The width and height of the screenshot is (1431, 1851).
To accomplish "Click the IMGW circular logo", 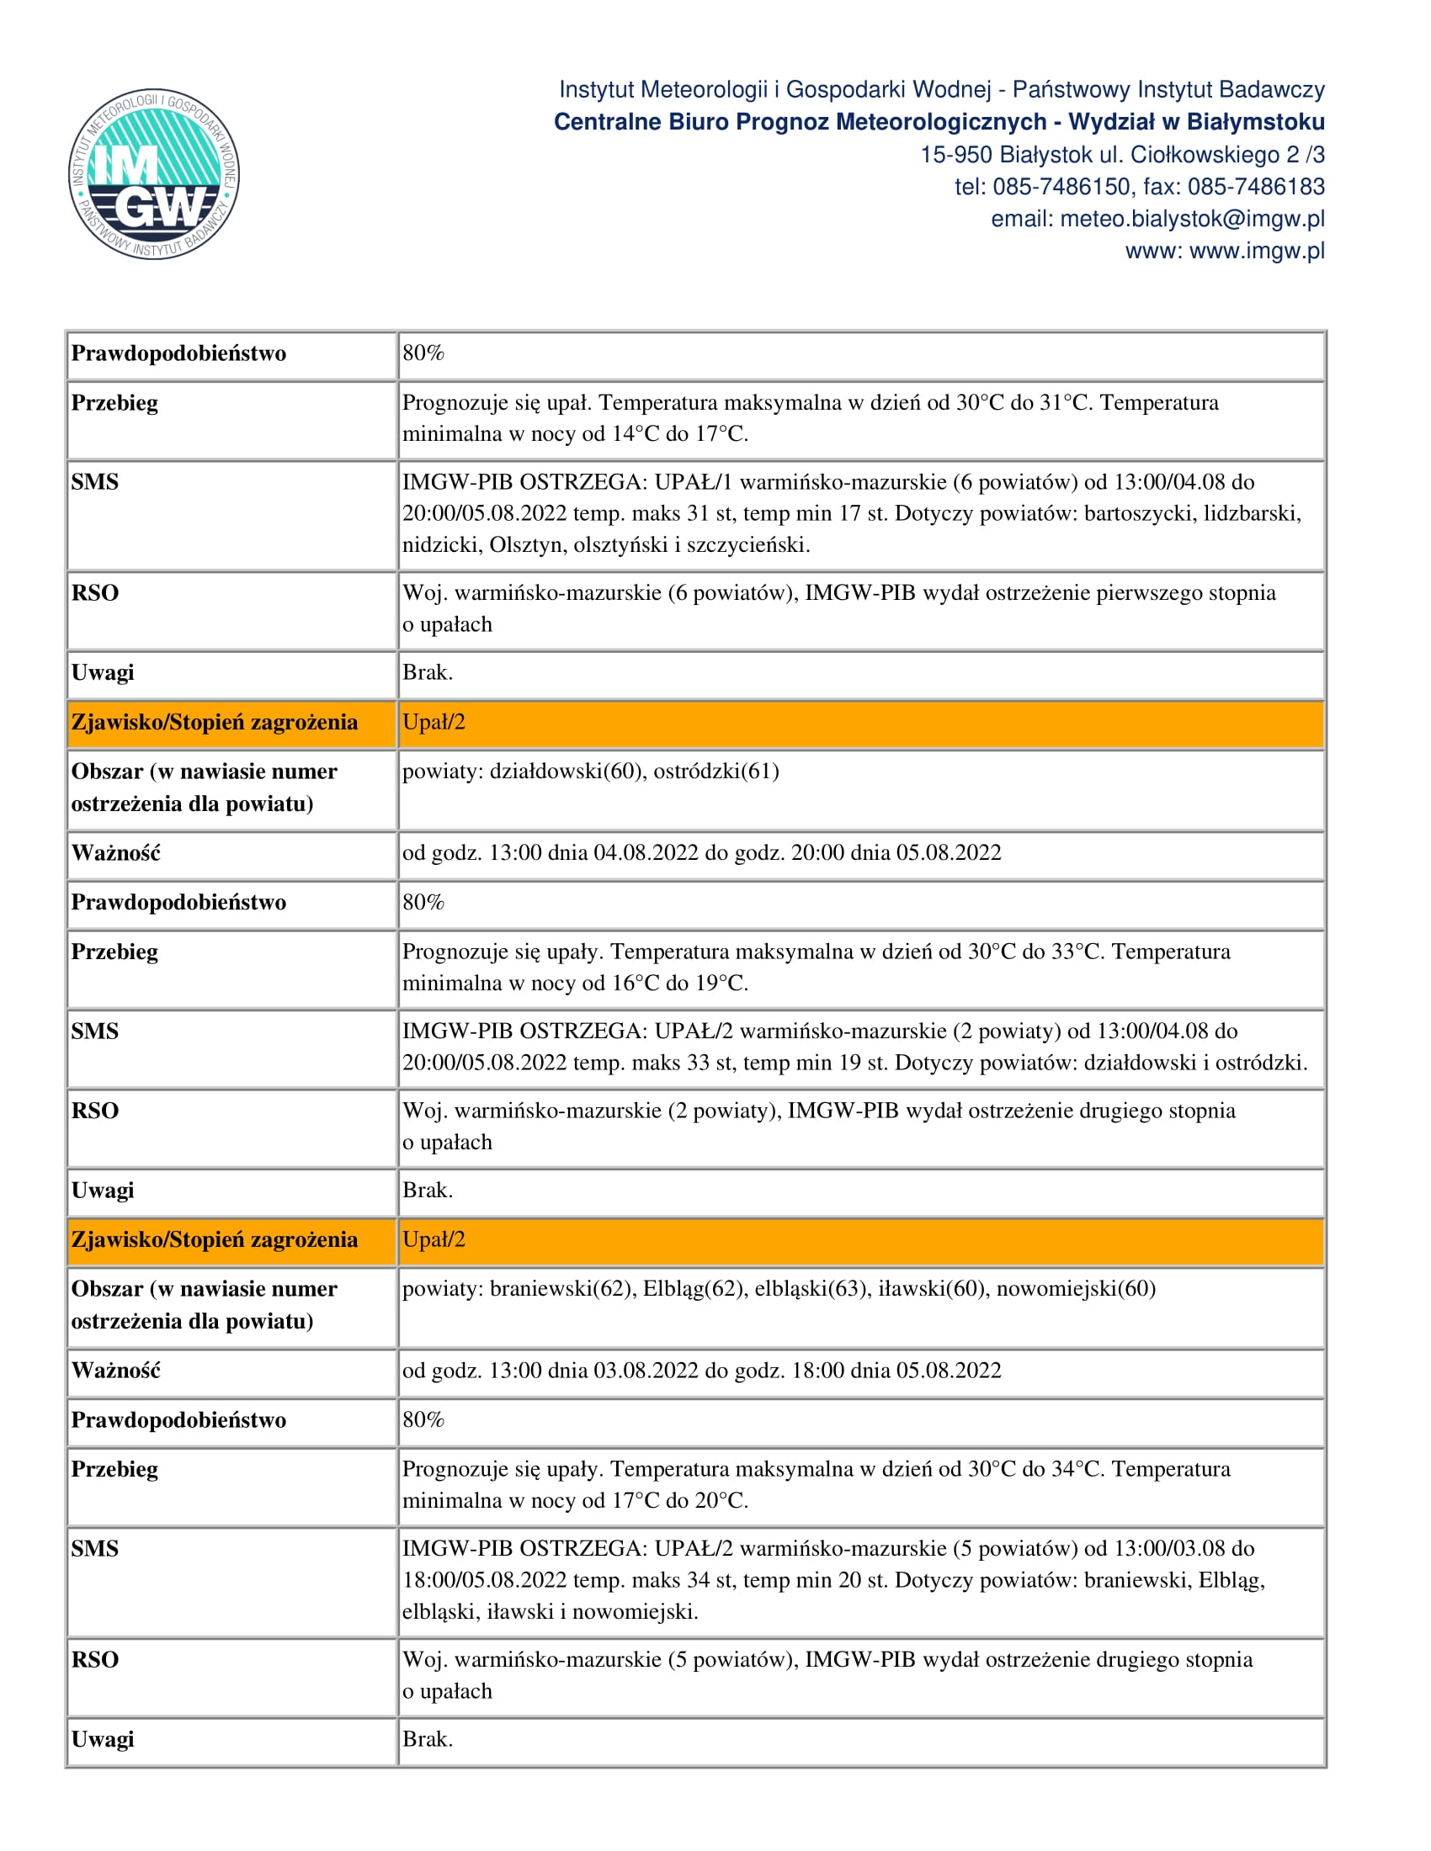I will click(x=153, y=174).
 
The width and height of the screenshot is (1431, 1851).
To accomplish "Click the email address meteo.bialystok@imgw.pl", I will click(x=1192, y=219).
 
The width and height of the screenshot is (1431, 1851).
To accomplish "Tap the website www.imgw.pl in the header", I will click(x=1257, y=251).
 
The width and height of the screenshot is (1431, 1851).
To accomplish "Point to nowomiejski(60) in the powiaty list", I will click(x=1076, y=1288).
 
